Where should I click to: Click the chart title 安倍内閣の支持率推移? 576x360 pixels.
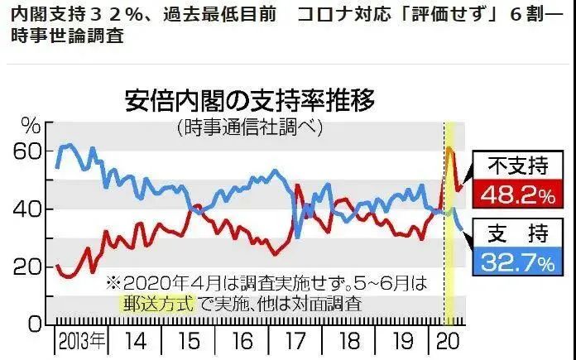(249, 102)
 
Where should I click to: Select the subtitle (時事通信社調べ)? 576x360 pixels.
(249, 127)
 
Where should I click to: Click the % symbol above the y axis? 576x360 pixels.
(31, 127)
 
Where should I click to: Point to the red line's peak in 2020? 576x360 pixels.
(448, 149)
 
